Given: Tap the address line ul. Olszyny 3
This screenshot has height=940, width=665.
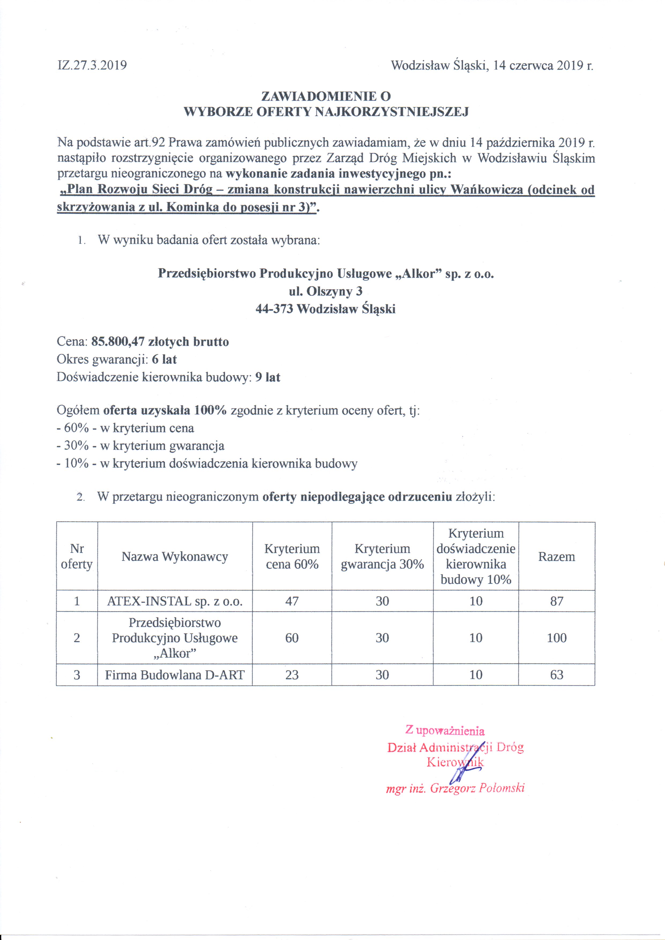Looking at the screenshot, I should pos(326,291).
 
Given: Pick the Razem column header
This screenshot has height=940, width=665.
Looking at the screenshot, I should pos(556,557).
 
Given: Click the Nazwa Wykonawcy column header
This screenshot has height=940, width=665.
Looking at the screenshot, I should pos(174,557).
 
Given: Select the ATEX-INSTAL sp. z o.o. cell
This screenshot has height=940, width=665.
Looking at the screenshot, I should pos(174,601).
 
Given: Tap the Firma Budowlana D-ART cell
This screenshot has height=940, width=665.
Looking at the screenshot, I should pos(174,675).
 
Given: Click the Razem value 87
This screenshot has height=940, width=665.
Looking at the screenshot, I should pos(556,601).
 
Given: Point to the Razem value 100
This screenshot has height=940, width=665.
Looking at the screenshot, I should pos(556,638).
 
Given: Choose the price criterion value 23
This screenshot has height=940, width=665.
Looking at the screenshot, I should pos(292,675).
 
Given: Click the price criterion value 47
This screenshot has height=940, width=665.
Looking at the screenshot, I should pos(292,601).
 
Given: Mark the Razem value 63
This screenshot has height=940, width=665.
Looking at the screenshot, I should pos(556,675).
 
